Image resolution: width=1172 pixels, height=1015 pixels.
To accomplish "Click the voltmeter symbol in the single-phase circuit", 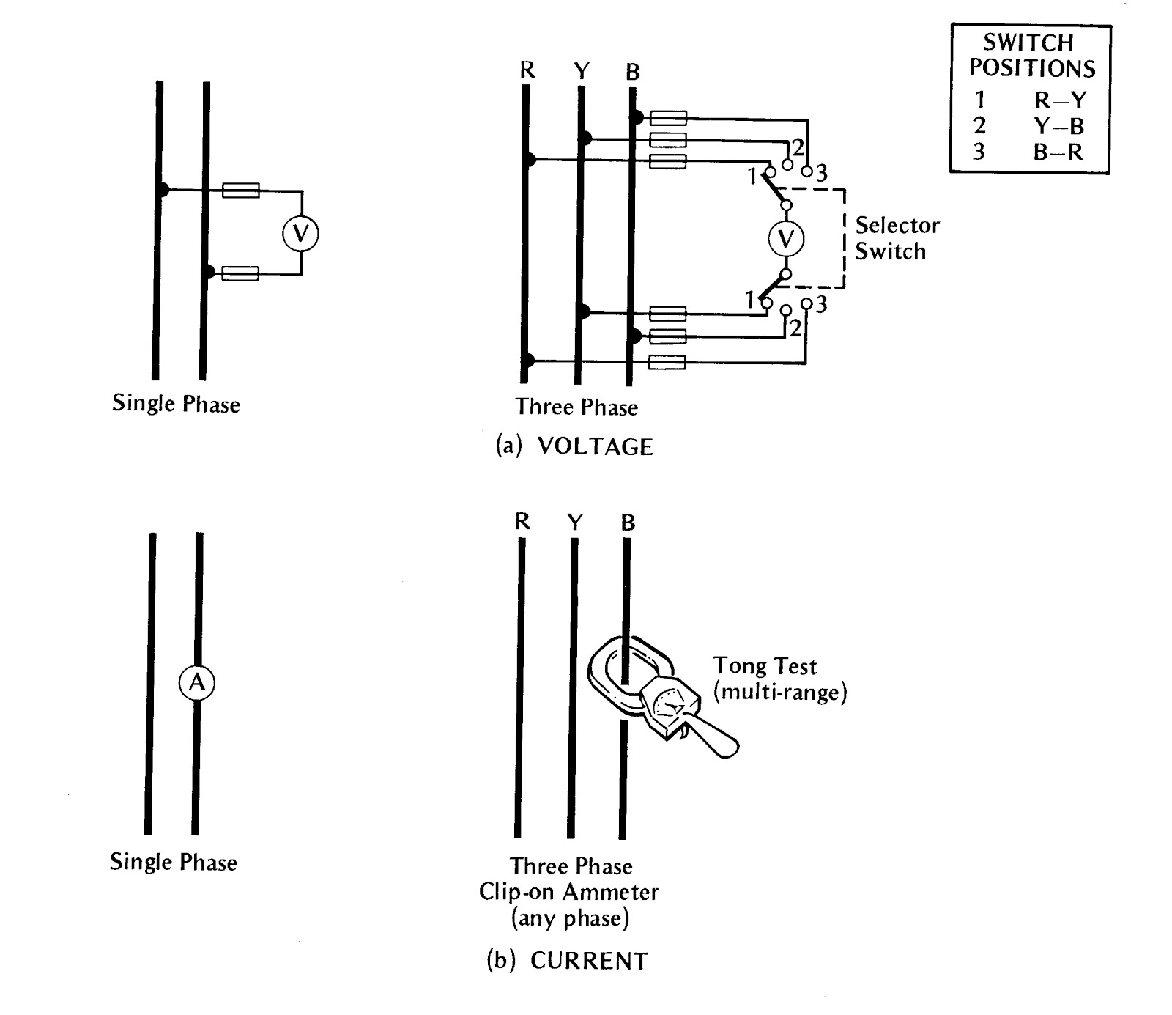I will click(x=300, y=233).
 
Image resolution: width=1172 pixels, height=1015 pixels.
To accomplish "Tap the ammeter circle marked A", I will click(x=197, y=683).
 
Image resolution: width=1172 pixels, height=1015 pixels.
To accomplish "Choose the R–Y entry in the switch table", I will click(x=1060, y=100).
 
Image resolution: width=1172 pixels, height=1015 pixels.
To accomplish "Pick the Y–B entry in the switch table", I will click(x=1058, y=126).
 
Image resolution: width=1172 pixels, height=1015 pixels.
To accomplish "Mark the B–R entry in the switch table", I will click(x=1058, y=152).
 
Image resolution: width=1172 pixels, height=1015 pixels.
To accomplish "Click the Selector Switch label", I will click(x=897, y=238).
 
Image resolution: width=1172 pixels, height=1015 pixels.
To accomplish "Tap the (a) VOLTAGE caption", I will click(x=574, y=446).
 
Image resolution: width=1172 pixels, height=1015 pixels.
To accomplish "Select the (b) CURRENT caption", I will click(x=568, y=961).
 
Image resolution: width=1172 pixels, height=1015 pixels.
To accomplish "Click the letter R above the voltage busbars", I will click(x=527, y=70).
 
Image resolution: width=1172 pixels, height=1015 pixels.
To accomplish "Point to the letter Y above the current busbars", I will click(x=576, y=522).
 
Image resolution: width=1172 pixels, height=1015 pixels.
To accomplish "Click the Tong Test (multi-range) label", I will click(x=779, y=679).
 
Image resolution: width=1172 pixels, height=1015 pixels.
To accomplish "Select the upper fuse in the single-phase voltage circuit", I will click(x=240, y=191).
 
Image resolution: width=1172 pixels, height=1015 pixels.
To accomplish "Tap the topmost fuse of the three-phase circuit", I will click(x=668, y=118).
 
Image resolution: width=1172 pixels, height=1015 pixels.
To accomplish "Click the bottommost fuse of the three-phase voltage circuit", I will click(x=667, y=361).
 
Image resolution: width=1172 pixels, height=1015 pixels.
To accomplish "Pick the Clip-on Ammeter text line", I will click(x=569, y=892).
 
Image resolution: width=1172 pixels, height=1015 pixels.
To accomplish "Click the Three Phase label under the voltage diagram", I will click(x=576, y=407).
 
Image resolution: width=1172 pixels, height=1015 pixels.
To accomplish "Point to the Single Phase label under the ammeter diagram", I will click(x=174, y=862).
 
